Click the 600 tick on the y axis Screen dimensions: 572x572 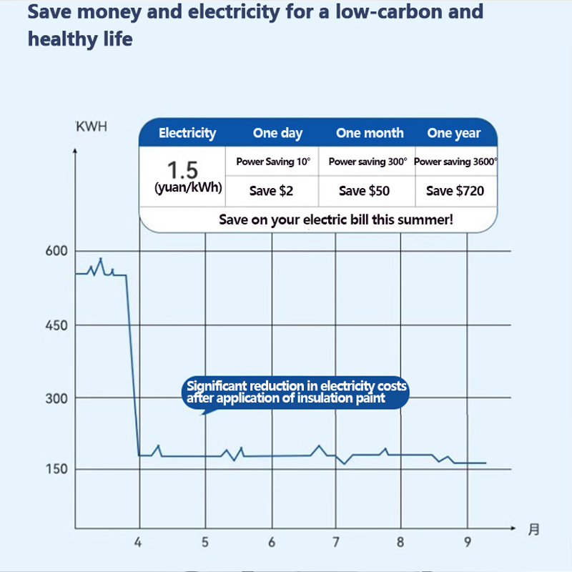coord(56,252)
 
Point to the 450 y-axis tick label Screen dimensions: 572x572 coord(56,326)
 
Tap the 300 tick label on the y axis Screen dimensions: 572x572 coord(56,399)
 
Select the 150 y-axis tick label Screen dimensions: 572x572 coord(56,470)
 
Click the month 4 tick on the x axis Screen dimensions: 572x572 coord(139,542)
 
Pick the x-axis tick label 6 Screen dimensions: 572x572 coord(272,542)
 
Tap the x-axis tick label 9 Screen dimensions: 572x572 coord(468,542)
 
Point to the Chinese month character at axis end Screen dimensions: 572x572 coord(533,530)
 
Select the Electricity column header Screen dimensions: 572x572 coord(187,133)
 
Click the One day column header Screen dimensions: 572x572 coord(277,133)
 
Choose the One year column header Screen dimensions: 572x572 coord(454,133)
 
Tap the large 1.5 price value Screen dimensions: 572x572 coord(182,171)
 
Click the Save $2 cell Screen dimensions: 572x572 coord(271,191)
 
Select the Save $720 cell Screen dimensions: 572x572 coord(455,191)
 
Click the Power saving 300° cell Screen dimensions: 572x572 coord(368,162)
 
